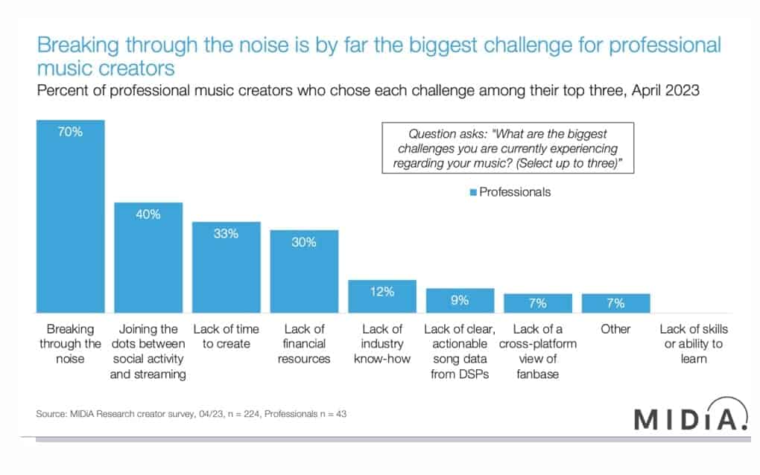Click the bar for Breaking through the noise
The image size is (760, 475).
(x=72, y=216)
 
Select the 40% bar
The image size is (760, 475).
(x=148, y=257)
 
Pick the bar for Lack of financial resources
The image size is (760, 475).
(x=304, y=271)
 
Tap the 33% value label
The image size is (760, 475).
(x=226, y=234)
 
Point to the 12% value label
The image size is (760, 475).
(x=382, y=292)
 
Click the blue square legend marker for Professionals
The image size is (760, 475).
(x=473, y=192)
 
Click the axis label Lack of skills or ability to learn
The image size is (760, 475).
(x=693, y=344)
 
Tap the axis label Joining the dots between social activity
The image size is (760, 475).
(x=148, y=351)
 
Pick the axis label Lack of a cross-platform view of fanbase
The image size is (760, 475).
(x=537, y=351)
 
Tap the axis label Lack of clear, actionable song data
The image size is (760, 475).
(x=460, y=351)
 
